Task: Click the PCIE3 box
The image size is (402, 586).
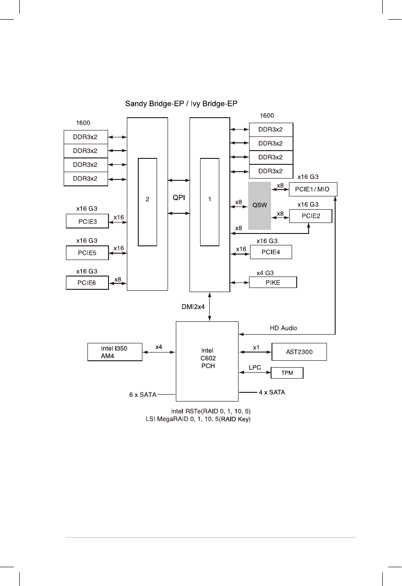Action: click(x=87, y=222)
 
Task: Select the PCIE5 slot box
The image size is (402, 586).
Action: click(x=87, y=252)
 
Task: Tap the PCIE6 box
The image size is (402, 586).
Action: click(x=87, y=283)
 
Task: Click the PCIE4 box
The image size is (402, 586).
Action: click(x=270, y=252)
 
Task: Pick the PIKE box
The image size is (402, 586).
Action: click(x=273, y=282)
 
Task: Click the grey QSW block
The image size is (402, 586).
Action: click(x=260, y=206)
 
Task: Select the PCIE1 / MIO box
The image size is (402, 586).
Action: click(x=313, y=189)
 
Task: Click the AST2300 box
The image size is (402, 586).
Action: click(x=299, y=352)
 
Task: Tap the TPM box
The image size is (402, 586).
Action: click(x=287, y=374)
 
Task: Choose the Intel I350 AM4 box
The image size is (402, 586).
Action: click(x=115, y=352)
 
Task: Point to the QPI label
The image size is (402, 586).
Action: click(x=179, y=197)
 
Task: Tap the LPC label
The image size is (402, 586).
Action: click(x=255, y=367)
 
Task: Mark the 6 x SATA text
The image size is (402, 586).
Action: click(x=143, y=394)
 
